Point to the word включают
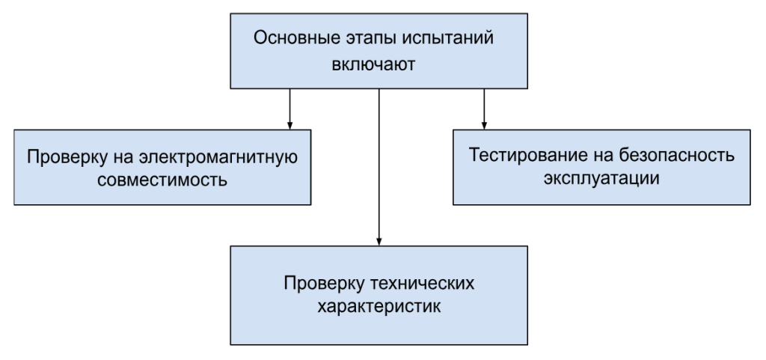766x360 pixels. [x=374, y=64]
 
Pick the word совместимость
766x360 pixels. [x=162, y=180]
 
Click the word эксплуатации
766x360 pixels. [x=601, y=179]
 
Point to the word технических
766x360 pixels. [x=423, y=284]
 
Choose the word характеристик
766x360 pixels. [x=379, y=308]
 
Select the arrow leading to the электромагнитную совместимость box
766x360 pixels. [x=289, y=109]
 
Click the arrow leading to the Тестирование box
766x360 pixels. [x=484, y=109]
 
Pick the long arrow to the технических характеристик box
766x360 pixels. [x=379, y=167]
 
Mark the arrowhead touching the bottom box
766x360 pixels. [x=379, y=242]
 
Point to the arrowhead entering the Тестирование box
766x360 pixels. [x=484, y=126]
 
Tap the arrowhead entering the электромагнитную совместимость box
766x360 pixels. [x=289, y=126]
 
